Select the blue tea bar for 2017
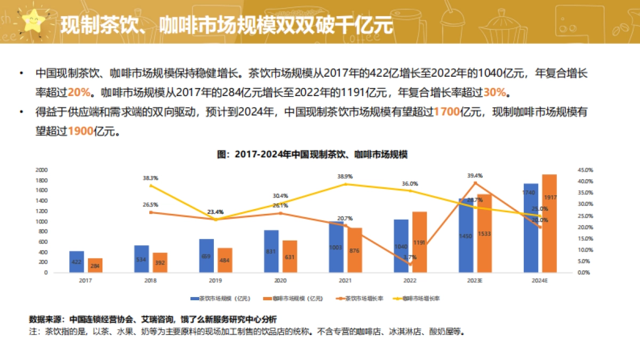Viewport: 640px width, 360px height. pyautogui.click(x=77, y=261)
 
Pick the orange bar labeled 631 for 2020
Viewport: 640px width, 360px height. pyautogui.click(x=290, y=257)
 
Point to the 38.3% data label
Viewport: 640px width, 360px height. pyautogui.click(x=150, y=178)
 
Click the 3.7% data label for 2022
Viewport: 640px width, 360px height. pyautogui.click(x=410, y=257)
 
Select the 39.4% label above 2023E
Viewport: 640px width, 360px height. pyautogui.click(x=475, y=175)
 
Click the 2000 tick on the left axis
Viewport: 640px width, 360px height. pyautogui.click(x=41, y=170)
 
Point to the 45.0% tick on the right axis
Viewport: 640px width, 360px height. pyautogui.click(x=585, y=170)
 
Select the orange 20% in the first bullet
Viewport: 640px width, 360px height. pyautogui.click(x=79, y=92)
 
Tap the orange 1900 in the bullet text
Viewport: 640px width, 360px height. pyautogui.click(x=81, y=131)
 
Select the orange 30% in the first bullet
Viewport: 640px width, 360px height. pyautogui.click(x=494, y=92)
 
